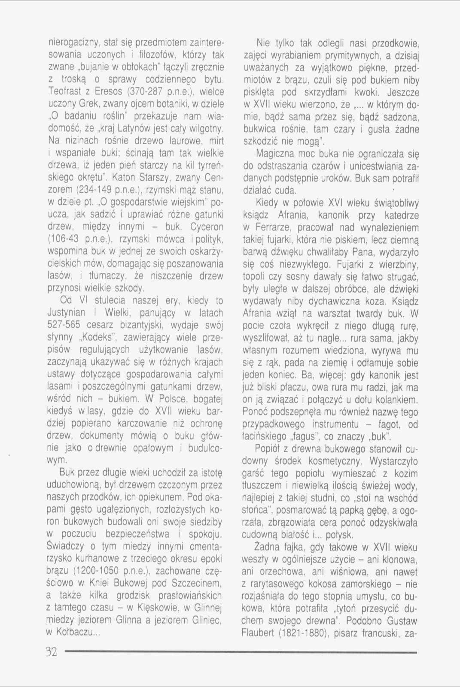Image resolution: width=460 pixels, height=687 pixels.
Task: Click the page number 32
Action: [51, 652]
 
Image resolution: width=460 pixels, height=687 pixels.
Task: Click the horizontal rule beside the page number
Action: [241, 652]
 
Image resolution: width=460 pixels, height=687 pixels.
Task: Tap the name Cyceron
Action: [207, 227]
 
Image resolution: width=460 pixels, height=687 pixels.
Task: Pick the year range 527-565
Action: [64, 325]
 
